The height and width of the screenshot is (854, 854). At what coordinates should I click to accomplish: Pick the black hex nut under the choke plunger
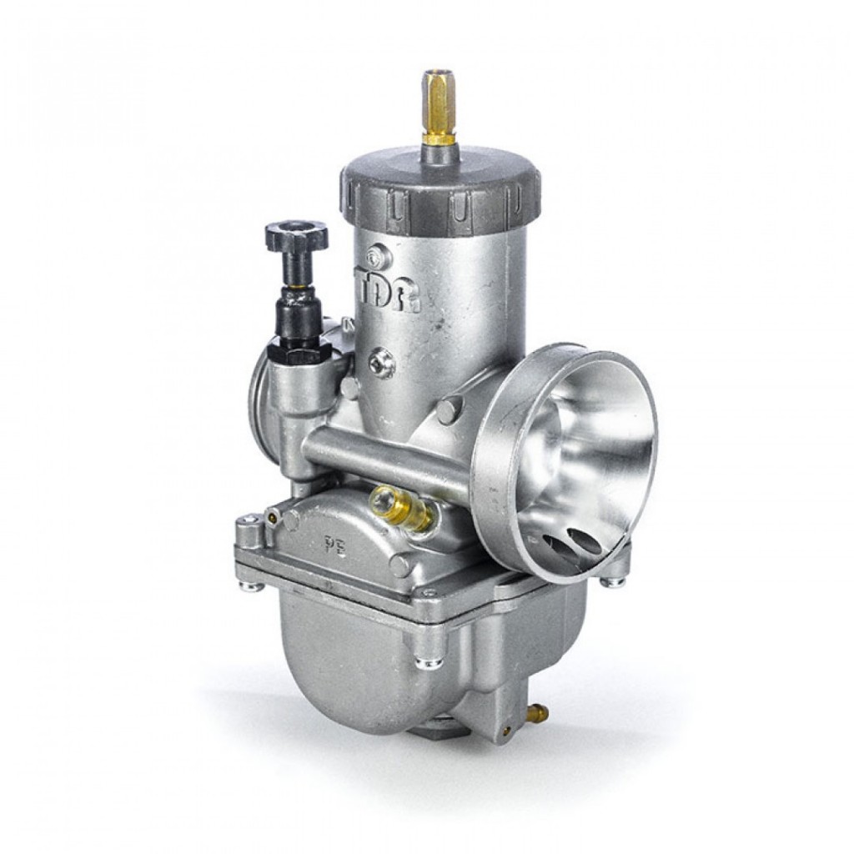299,354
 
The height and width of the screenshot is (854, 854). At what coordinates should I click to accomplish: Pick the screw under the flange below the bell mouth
615,581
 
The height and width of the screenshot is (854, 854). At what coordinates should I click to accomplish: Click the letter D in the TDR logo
388,293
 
